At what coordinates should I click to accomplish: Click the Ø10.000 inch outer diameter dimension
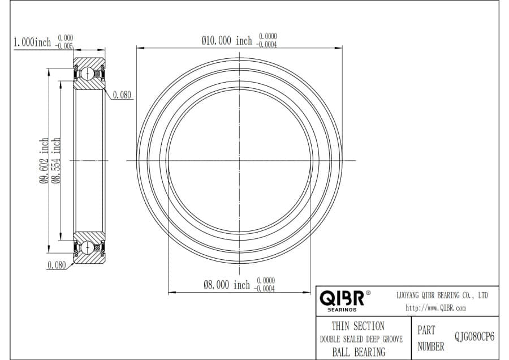227,41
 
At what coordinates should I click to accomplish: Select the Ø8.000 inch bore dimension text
227,285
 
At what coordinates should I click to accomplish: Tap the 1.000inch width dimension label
32,42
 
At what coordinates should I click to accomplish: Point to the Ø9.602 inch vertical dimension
44,161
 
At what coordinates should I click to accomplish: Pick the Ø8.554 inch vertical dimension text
56,161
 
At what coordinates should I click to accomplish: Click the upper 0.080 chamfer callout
122,95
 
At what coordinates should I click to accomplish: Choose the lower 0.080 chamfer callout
57,265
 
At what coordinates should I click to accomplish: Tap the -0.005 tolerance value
64,46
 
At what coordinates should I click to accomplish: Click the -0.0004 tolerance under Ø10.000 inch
267,45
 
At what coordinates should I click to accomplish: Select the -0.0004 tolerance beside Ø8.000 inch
265,289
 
